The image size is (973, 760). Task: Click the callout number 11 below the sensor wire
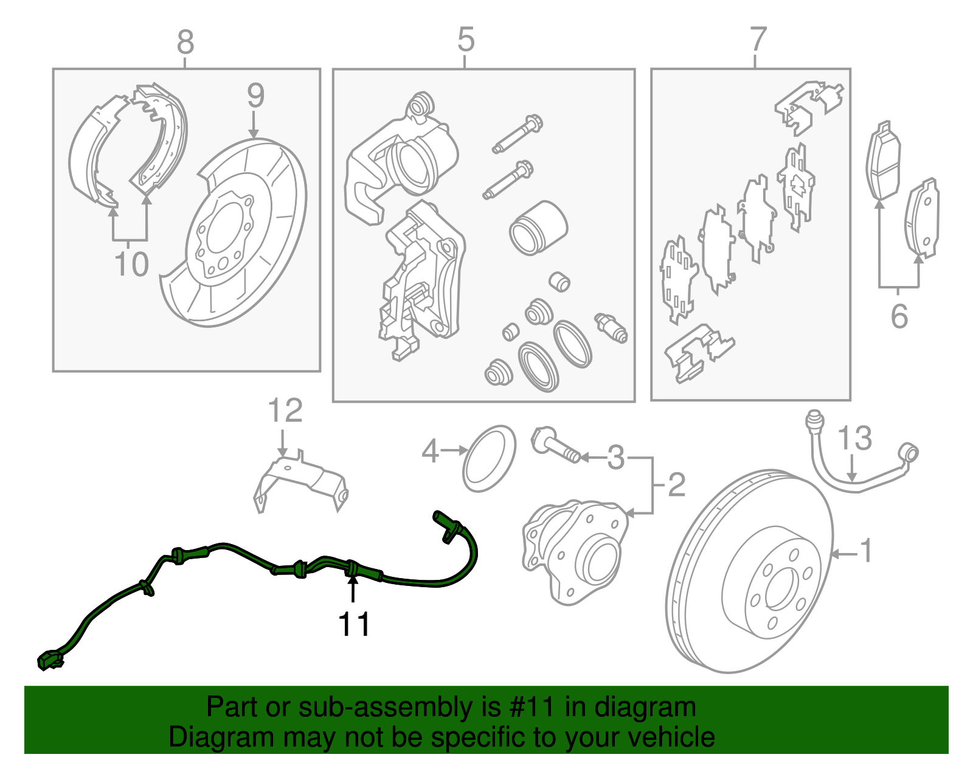click(354, 624)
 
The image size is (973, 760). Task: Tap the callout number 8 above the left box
click(185, 42)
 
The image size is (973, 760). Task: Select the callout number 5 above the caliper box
click(465, 40)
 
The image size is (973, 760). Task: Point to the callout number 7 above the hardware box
click(757, 40)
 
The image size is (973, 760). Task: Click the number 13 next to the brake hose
click(854, 438)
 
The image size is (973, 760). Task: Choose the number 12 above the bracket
click(285, 411)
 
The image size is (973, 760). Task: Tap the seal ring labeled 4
click(489, 459)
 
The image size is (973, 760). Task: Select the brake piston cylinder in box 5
click(538, 228)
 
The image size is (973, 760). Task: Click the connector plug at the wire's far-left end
click(49, 661)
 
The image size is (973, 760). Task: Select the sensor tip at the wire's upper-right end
click(443, 522)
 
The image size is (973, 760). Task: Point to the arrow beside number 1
click(843, 554)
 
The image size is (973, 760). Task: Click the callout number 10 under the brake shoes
click(131, 265)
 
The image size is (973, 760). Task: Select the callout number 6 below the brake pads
click(899, 316)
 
